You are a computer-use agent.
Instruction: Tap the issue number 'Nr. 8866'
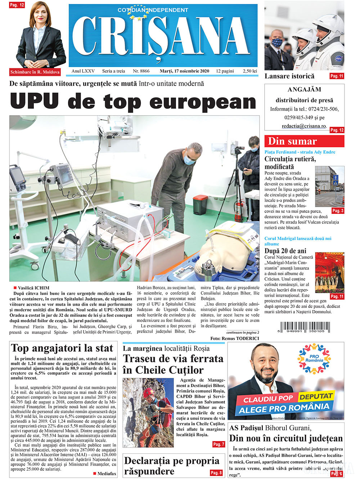pos(141,71)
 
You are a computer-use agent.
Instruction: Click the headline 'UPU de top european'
pos(133,101)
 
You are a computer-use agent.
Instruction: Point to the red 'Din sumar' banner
pos(304,141)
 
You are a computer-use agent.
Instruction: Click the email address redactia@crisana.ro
pos(304,126)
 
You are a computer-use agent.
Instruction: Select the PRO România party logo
pos(314,358)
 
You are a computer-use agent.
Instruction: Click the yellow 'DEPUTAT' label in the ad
pos(316,396)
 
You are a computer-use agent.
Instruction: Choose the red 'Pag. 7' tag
pos(219,444)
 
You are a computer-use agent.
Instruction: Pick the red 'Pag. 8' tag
pos(216,473)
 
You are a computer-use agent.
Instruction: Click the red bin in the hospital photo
pos(201,204)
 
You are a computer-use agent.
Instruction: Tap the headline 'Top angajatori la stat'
pos(62,348)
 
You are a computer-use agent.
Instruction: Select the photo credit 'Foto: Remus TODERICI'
pos(235,338)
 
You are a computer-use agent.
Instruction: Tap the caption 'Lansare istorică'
pos(289,76)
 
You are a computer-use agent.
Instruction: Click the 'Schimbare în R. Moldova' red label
pos(35,72)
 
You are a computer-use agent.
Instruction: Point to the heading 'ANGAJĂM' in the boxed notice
pos(304,89)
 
